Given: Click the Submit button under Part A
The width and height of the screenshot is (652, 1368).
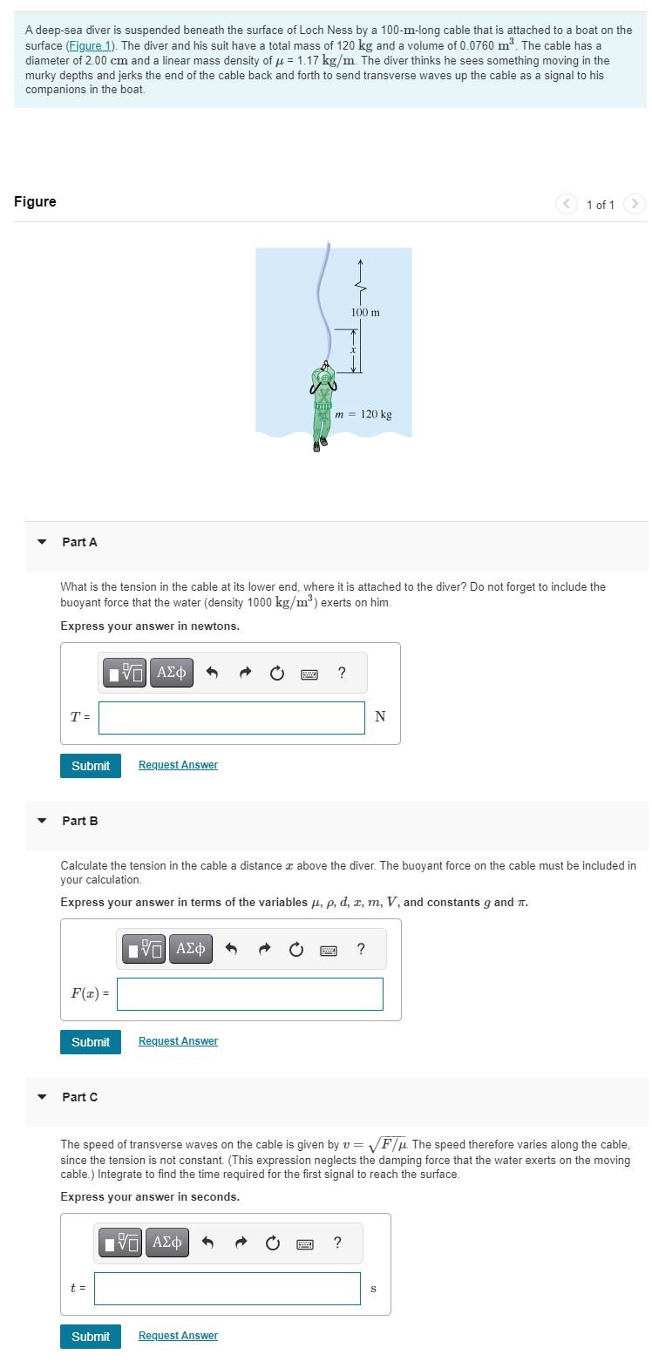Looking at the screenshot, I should click(x=91, y=765).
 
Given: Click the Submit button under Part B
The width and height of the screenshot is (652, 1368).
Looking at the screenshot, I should click(x=91, y=1041).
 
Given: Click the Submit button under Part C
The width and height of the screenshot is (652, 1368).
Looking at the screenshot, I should click(x=91, y=1336).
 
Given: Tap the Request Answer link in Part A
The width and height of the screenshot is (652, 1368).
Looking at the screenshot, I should click(x=178, y=765).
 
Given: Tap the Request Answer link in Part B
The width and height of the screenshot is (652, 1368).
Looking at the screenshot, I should click(x=178, y=1041).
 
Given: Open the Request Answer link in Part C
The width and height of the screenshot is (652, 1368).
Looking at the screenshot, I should click(x=178, y=1336).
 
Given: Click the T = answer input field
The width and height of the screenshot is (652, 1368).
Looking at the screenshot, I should click(x=231, y=717).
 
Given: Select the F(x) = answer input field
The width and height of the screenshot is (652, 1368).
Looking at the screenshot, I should click(x=249, y=993).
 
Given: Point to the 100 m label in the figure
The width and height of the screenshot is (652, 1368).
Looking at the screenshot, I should click(x=365, y=312).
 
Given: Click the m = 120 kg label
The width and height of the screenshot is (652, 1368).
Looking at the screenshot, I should click(x=363, y=414).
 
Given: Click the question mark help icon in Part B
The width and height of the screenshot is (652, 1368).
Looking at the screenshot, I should click(x=362, y=949).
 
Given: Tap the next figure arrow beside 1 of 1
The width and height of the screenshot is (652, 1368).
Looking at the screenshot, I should click(x=635, y=204).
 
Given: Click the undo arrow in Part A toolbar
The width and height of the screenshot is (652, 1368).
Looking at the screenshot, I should click(x=211, y=673).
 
